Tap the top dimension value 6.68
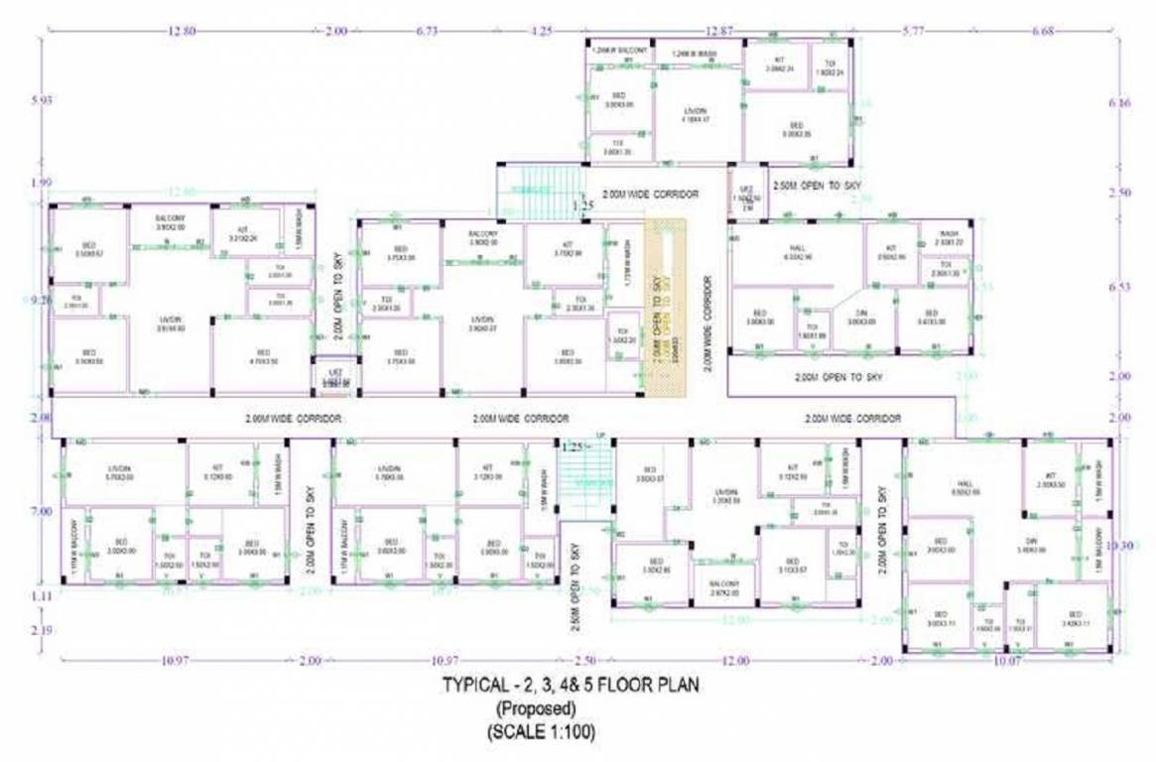coord(1042,32)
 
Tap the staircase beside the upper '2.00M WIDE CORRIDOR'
coord(536,192)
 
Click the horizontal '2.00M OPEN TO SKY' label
coord(837,377)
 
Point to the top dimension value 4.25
coord(542,32)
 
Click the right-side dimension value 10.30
coord(1119,545)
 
